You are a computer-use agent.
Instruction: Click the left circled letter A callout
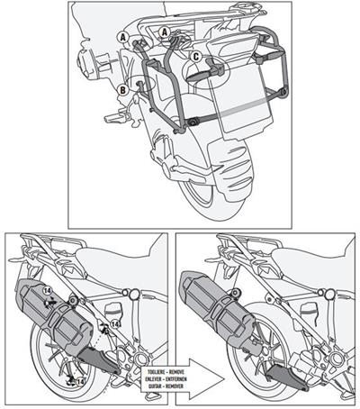121,37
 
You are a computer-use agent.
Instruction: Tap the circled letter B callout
121,88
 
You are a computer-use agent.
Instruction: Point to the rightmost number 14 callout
116,325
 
